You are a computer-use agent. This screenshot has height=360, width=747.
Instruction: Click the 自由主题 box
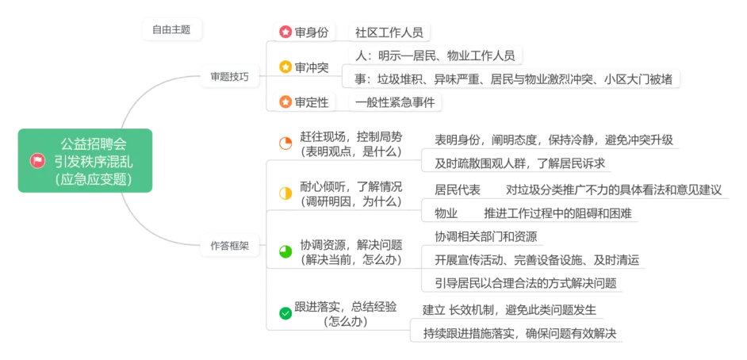[x=171, y=29]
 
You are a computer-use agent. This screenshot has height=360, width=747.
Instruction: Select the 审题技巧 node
[x=229, y=77]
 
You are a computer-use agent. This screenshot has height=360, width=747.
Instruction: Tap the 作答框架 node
[x=229, y=246]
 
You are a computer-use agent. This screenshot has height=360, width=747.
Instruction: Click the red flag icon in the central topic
[x=36, y=161]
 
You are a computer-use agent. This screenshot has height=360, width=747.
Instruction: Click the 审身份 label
[x=311, y=33]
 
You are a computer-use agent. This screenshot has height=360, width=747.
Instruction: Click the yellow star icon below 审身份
[x=285, y=67]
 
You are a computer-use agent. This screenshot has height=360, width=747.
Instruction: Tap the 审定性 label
[x=311, y=102]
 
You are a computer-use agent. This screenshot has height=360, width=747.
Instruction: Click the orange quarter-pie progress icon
[x=285, y=143]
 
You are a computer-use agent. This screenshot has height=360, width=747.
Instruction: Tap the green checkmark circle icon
[x=285, y=313]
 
